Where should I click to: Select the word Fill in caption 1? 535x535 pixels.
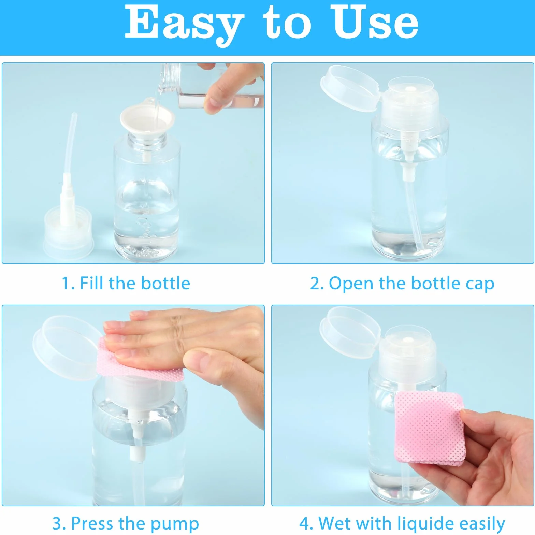tap(93, 284)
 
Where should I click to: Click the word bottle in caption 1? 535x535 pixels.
tap(165, 284)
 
